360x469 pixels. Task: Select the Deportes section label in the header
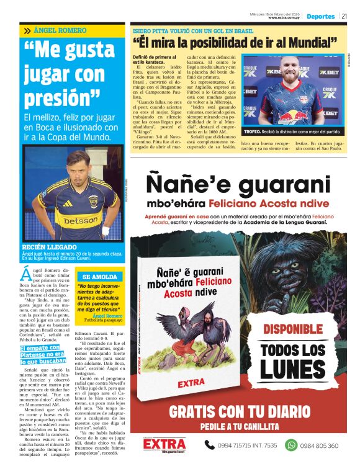click(x=320, y=16)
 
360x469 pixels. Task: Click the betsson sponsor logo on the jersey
click(x=81, y=220)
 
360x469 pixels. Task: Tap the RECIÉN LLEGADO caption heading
click(x=50, y=247)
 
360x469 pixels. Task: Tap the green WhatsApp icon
click(x=290, y=445)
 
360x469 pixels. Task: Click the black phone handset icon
click(x=210, y=445)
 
